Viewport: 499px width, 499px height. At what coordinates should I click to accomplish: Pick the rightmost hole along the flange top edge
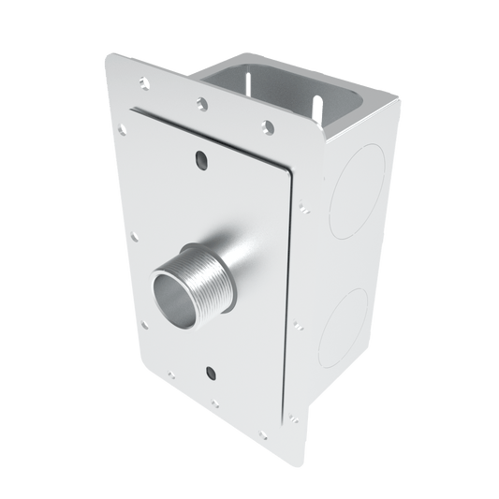point(269,124)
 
